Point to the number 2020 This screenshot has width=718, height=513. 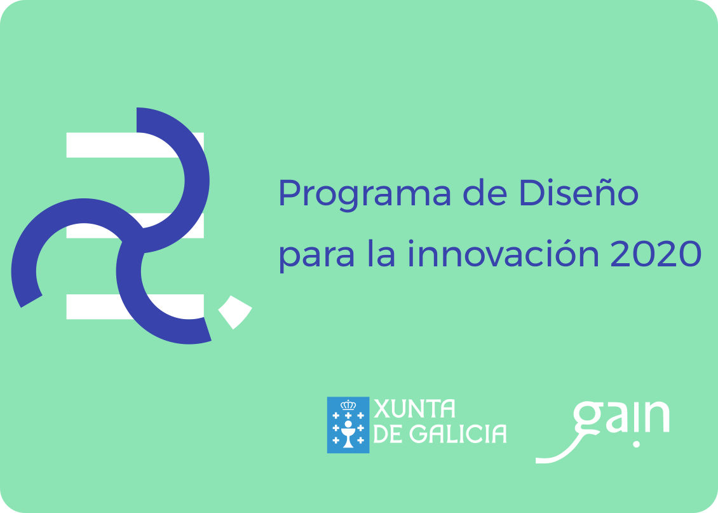656,254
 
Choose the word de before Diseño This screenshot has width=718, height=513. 484,193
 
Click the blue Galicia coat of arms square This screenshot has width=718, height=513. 348,425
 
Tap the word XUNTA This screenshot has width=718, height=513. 414,409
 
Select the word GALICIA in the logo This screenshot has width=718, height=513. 458,434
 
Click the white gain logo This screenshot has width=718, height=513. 602,432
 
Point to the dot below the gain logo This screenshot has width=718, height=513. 636,444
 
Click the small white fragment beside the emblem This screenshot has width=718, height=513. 235,312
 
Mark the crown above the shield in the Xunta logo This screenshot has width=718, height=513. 348,405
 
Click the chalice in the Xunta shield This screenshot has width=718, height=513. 348,435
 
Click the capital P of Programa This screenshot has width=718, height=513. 289,193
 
